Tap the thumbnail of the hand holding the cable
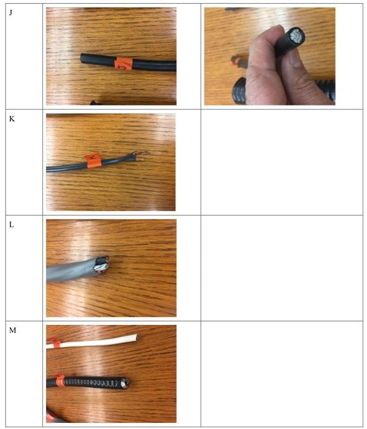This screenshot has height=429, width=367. (x=269, y=56)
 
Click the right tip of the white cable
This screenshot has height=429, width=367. (x=135, y=336)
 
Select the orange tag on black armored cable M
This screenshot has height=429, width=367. (x=60, y=381)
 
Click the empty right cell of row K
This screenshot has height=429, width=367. (x=282, y=162)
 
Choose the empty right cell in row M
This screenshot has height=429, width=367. (x=282, y=374)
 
